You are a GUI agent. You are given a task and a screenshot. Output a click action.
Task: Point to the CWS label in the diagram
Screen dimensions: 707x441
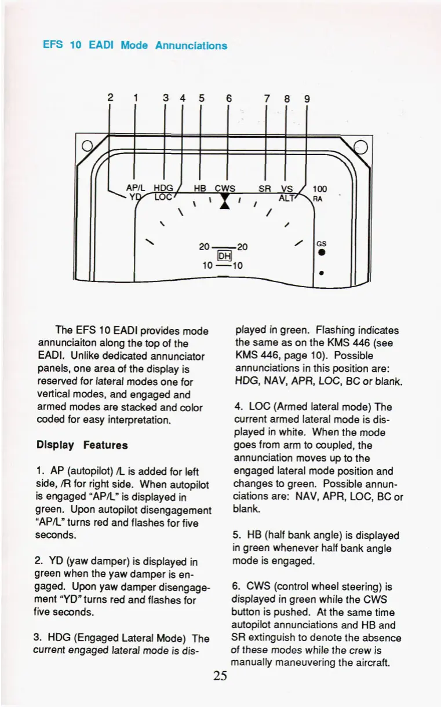225,188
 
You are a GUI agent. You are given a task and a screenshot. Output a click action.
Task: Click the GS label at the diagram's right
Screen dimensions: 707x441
320,244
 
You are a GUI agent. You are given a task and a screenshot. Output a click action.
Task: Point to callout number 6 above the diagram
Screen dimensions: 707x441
229,98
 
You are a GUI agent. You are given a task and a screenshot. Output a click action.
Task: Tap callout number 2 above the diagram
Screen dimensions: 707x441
110,98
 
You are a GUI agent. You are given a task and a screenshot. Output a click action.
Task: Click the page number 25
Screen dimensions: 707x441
220,676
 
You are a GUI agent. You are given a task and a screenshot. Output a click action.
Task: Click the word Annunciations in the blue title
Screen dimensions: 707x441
191,45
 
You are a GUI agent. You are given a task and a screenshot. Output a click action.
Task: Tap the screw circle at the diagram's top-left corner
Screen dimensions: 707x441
85,145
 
